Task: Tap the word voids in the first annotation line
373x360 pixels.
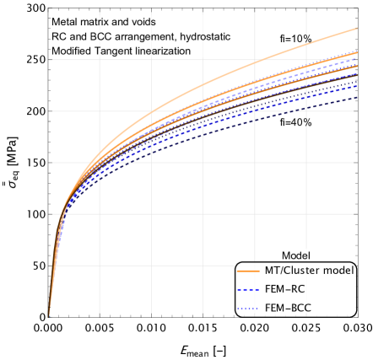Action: tap(143, 21)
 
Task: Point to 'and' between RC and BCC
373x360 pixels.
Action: tap(78, 36)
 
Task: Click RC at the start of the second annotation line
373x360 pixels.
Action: tap(59, 36)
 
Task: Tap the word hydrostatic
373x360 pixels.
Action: tap(203, 36)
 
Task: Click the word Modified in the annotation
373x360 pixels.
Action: tap(72, 51)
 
